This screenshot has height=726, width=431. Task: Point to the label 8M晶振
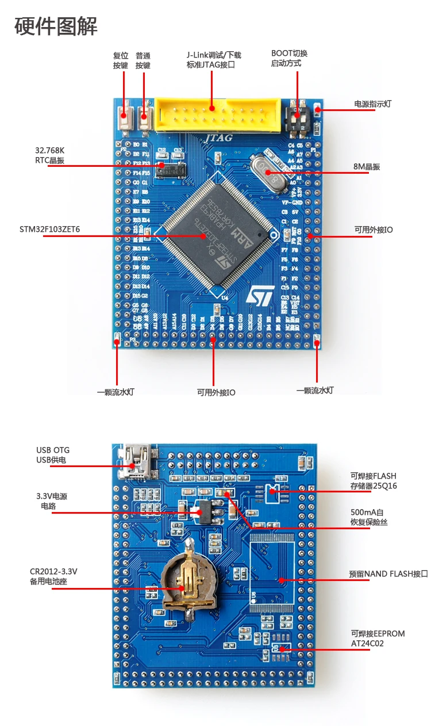click(367, 167)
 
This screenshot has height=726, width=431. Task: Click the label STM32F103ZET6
click(50, 230)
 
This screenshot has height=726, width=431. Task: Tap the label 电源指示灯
click(373, 104)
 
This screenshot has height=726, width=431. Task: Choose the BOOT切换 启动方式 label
click(289, 58)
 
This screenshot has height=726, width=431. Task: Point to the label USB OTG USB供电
click(53, 454)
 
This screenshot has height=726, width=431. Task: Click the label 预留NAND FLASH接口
click(388, 574)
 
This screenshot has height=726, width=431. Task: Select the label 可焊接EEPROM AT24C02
click(378, 639)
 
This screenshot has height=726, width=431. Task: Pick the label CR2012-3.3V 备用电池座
click(53, 576)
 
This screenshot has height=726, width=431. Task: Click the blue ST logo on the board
click(261, 296)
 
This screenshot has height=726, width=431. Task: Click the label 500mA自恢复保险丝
click(369, 517)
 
